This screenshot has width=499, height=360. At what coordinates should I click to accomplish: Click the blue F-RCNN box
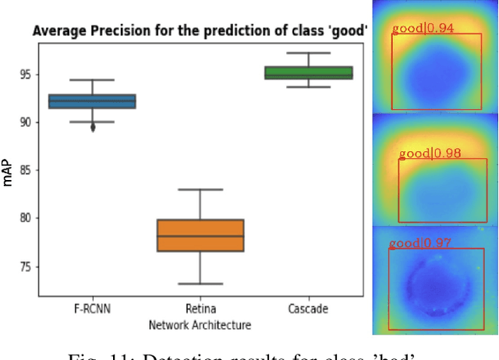point(92,101)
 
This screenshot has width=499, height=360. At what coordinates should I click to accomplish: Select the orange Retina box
point(200,235)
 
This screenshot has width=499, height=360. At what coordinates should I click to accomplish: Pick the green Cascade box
point(308,72)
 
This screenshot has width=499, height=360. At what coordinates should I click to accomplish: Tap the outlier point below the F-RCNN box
point(93,128)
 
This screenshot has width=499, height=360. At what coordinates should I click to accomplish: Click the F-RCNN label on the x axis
point(92,309)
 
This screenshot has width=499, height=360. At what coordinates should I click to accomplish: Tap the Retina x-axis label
point(200,309)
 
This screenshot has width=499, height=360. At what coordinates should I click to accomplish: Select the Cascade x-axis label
point(308,309)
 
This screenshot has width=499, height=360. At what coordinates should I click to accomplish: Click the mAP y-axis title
point(8,173)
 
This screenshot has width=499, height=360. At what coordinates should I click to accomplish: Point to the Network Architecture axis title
point(200,323)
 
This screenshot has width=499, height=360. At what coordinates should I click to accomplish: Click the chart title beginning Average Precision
point(200,32)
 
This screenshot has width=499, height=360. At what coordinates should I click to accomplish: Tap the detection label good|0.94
point(423,29)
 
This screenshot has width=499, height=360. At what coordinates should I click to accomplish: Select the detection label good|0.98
point(430,154)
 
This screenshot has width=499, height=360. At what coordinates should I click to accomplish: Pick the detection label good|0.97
point(420,243)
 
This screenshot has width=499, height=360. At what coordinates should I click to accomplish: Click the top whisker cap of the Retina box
point(200,189)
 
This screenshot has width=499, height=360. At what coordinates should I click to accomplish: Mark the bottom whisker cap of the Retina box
point(200,284)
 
